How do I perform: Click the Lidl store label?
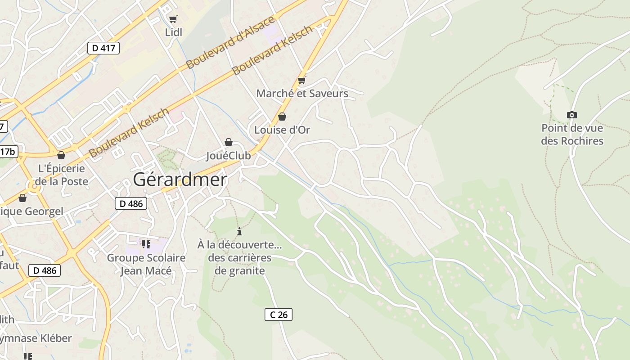click(174, 32)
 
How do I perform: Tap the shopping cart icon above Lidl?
click(173, 19)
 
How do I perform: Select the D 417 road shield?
click(103, 48)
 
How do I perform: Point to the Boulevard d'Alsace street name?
click(230, 43)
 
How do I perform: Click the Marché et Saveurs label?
click(302, 94)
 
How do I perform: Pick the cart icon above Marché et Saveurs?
click(301, 81)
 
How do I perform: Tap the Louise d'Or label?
click(282, 130)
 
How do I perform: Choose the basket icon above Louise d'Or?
click(282, 117)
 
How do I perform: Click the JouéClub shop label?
click(229, 156)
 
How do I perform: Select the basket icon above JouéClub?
click(229, 143)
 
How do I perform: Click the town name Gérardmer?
click(180, 180)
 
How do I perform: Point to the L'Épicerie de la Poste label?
click(62, 175)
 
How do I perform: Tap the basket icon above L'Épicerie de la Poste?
click(61, 156)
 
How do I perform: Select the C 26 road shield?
click(278, 315)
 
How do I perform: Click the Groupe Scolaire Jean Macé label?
click(146, 264)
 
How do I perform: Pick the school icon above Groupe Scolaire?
click(146, 244)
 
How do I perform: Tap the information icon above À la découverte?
click(239, 232)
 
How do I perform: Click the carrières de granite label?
click(239, 264)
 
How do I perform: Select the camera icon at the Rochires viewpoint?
click(572, 115)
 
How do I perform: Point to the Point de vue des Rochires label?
click(572, 135)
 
